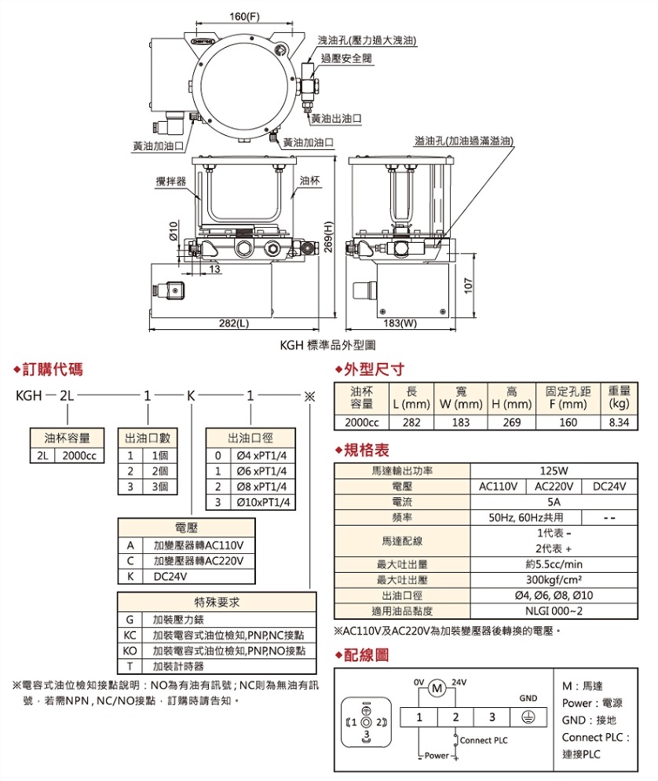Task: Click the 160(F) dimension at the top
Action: (243, 17)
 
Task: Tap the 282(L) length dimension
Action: (233, 323)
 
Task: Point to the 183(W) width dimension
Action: (400, 323)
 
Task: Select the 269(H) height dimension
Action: (330, 236)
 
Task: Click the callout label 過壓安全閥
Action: (346, 59)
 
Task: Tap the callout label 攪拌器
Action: (170, 181)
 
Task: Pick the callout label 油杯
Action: (309, 181)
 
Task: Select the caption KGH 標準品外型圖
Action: (327, 344)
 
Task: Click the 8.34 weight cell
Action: (619, 422)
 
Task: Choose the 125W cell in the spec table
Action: (554, 471)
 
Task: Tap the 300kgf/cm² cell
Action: (554, 580)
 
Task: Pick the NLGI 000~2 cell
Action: (554, 610)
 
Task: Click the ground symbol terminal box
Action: (528, 717)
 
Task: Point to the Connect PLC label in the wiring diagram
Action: (484, 739)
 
